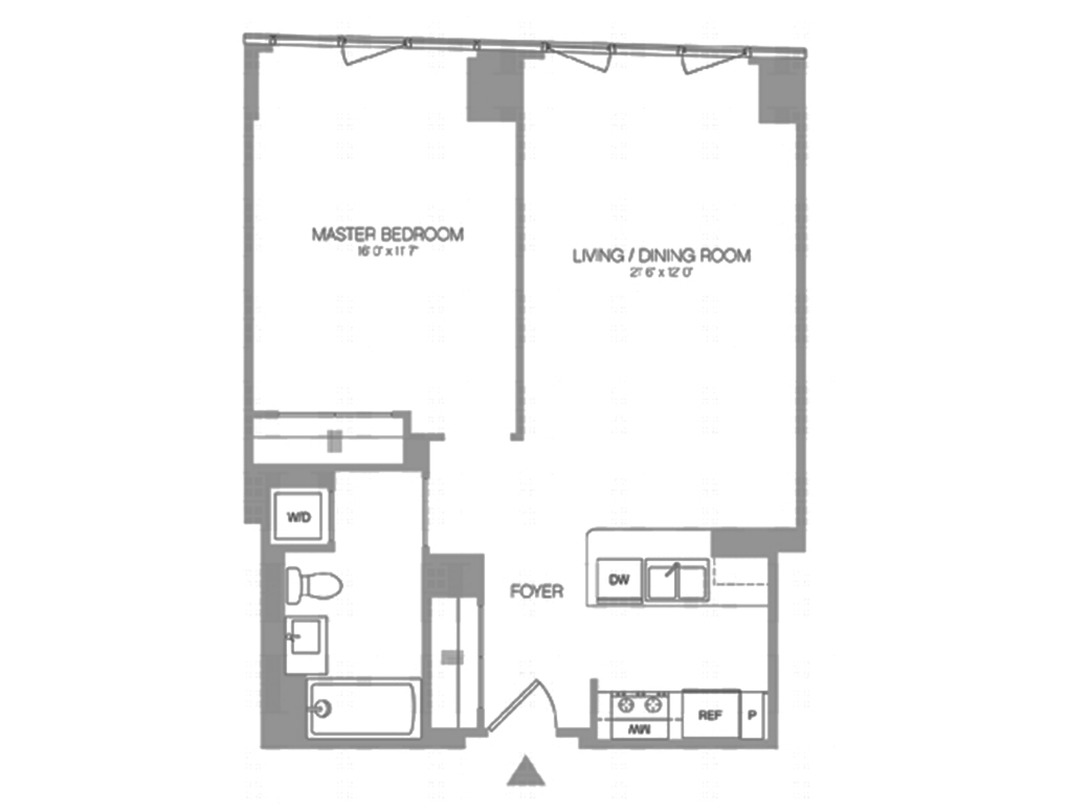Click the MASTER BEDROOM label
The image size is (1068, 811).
click(387, 234)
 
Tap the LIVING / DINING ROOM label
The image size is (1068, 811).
click(661, 256)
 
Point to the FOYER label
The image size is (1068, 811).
click(536, 591)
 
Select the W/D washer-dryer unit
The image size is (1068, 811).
click(299, 517)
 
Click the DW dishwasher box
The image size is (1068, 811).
click(619, 579)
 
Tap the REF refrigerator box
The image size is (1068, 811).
click(710, 715)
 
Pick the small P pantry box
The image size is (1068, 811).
click(752, 715)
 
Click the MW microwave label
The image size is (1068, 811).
click(639, 730)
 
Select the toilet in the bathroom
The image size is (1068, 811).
click(314, 585)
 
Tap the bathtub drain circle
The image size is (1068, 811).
click(323, 708)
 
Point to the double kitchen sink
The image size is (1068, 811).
click(676, 579)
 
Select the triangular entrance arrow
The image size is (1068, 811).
click(526, 772)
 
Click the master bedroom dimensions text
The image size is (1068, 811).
click(387, 252)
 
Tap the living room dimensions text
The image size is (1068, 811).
click(661, 272)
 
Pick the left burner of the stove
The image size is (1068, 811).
click(626, 704)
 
